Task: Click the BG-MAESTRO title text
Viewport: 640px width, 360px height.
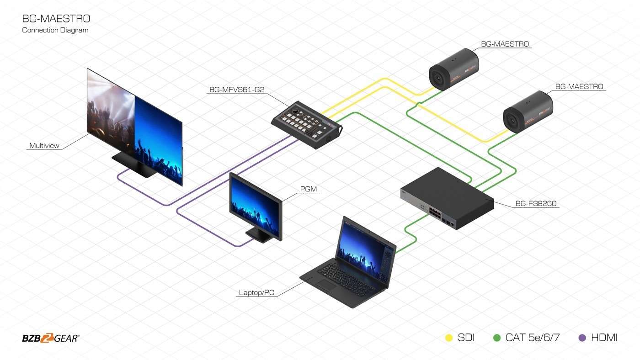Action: (56, 19)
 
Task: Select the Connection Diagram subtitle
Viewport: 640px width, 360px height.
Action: (55, 30)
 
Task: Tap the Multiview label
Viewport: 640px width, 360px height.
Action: (44, 146)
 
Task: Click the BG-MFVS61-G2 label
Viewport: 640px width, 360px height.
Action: (236, 90)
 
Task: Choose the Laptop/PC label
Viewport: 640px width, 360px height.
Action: (256, 292)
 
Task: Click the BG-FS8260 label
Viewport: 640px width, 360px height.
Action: (536, 204)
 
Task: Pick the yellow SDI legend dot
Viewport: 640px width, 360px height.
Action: (449, 338)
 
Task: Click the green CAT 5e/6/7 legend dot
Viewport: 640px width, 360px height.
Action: (497, 338)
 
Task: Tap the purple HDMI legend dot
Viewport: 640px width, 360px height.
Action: (582, 338)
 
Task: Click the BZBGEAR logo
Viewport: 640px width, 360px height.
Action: (51, 338)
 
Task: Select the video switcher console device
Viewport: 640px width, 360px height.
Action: (306, 124)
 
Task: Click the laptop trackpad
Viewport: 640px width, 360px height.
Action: (326, 286)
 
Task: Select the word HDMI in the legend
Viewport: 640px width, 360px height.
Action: (604, 338)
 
